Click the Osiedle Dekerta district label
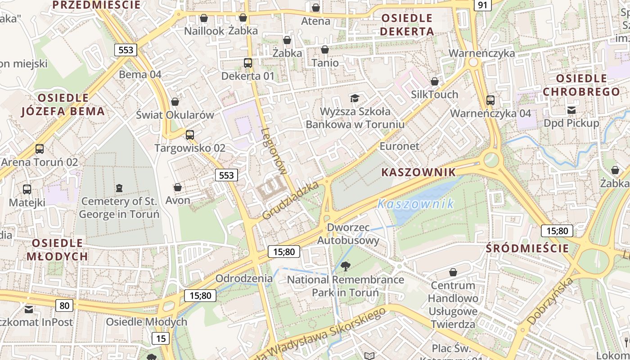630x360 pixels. pos(407,25)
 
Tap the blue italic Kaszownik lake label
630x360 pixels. pos(416,204)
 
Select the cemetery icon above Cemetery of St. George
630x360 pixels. pos(119,188)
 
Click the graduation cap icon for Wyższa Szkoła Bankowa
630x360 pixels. pos(355,98)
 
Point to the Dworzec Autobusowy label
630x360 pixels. pos(348,234)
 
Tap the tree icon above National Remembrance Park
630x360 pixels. pos(346,266)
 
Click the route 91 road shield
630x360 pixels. pos(482,5)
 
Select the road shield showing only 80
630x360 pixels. pos(64,306)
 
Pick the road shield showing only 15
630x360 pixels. pos(160,338)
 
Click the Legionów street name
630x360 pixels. pos(274,151)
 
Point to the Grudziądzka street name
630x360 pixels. pos(290,200)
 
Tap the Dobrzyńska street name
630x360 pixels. pos(550,301)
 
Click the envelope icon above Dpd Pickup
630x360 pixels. pos(571,110)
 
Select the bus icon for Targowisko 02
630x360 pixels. pos(190,135)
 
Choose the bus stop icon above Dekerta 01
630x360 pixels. pos(247,63)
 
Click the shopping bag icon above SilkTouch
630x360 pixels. pos(435,81)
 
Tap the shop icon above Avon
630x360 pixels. pos(178,187)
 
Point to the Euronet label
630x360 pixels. pos(399,146)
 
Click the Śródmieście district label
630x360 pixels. pos(527,248)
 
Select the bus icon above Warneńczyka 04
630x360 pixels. pos(490,100)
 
